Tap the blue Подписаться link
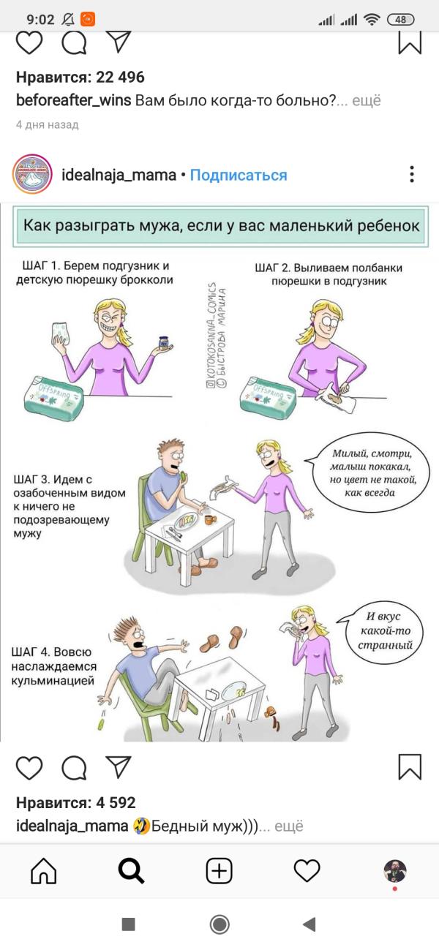(x=239, y=176)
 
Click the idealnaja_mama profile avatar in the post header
(x=32, y=174)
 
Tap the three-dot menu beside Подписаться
(x=412, y=174)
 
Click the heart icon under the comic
(x=29, y=767)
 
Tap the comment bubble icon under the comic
(x=74, y=767)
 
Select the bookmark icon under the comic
(x=410, y=766)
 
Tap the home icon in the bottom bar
(x=44, y=870)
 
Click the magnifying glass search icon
(x=131, y=871)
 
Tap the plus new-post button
(x=219, y=871)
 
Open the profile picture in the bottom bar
(x=395, y=871)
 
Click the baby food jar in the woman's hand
(x=163, y=343)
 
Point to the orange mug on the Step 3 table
(x=210, y=519)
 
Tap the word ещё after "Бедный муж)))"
(x=289, y=826)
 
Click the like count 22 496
(x=120, y=78)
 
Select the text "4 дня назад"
(x=48, y=124)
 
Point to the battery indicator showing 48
(x=400, y=20)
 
